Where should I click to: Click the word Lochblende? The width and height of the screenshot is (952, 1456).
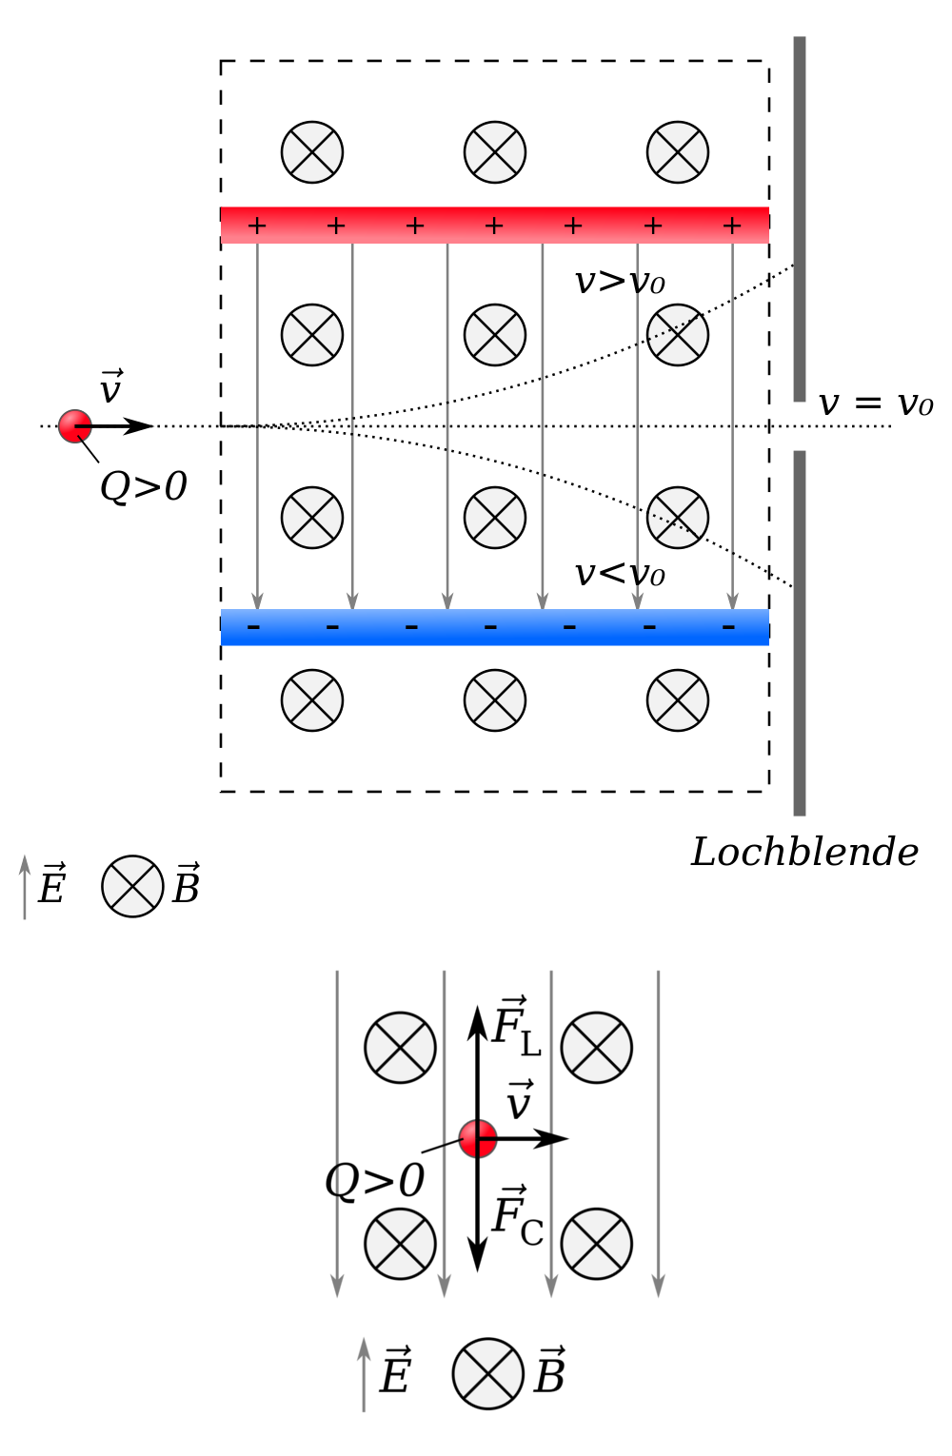pyautogui.click(x=803, y=852)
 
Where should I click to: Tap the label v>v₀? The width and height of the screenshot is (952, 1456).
pyautogui.click(x=620, y=282)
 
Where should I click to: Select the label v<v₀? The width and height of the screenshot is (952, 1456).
pyautogui.click(x=620, y=573)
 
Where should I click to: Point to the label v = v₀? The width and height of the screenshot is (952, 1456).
pyautogui.click(x=875, y=403)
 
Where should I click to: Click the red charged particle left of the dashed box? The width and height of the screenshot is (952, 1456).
pyautogui.click(x=75, y=425)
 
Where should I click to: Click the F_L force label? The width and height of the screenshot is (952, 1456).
pyautogui.click(x=516, y=1026)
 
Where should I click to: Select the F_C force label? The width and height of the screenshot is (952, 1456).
pyautogui.click(x=517, y=1215)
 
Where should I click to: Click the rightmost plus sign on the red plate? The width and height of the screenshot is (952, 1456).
pyautogui.click(x=731, y=226)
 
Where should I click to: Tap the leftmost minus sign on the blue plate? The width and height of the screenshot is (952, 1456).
pyautogui.click(x=253, y=626)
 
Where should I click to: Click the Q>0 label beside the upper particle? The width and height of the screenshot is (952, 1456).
pyautogui.click(x=143, y=485)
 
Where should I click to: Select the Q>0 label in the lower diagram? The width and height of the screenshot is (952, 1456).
pyautogui.click(x=374, y=1180)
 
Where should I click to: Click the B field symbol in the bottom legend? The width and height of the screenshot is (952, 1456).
pyautogui.click(x=487, y=1373)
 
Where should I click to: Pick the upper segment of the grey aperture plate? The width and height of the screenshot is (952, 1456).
pyautogui.click(x=799, y=219)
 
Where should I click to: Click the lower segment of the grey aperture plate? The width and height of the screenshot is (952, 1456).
pyautogui.click(x=799, y=633)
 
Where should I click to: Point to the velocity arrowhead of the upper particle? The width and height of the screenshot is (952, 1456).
pyautogui.click(x=138, y=425)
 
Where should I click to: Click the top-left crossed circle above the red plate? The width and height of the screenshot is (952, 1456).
pyautogui.click(x=312, y=152)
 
